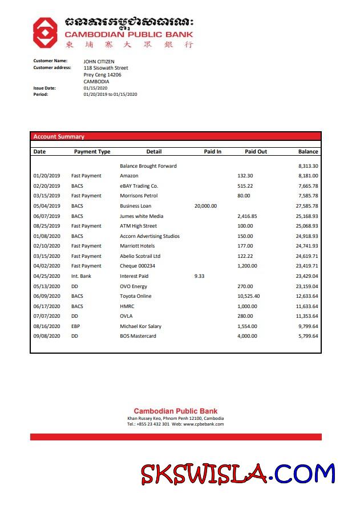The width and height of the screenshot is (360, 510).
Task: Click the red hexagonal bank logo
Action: point(45,32)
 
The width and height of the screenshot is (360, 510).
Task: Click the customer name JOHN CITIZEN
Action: point(99,61)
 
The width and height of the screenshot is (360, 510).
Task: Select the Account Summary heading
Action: point(59,137)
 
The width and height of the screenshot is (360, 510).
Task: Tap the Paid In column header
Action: point(212,152)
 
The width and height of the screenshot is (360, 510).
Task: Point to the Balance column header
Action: point(308,152)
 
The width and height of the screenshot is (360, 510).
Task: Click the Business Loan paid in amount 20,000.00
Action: point(205,206)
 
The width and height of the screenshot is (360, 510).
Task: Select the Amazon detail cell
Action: point(129,176)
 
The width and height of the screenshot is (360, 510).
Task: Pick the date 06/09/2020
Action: point(47,296)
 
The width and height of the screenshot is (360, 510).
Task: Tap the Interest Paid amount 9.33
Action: point(199,276)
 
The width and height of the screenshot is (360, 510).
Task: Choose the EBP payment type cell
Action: point(76,326)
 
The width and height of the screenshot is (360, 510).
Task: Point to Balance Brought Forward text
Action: point(148,166)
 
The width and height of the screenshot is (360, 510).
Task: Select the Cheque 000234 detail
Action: point(137,266)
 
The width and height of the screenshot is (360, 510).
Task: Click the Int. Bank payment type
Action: point(81,276)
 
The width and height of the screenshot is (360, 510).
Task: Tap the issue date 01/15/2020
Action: point(95,88)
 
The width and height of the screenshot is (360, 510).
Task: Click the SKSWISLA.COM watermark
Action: point(238,474)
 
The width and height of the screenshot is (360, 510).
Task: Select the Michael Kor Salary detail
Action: point(140,326)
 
